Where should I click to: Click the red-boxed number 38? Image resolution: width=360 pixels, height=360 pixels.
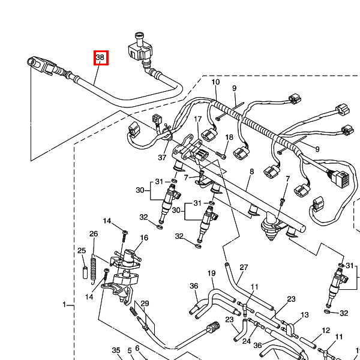(x=100, y=58)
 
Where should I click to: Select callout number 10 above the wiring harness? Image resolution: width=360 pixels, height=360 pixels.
(x=215, y=82)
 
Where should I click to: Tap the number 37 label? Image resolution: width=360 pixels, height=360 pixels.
(x=162, y=158)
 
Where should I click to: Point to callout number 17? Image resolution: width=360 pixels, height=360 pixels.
(x=197, y=119)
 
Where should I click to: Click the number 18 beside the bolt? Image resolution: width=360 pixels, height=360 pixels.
(x=229, y=138)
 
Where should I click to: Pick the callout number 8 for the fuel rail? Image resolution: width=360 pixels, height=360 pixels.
(x=251, y=172)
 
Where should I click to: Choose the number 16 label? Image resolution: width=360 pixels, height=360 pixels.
(x=144, y=238)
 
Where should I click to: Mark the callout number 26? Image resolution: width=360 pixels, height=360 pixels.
(x=94, y=234)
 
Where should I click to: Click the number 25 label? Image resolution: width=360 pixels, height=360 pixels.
(x=82, y=250)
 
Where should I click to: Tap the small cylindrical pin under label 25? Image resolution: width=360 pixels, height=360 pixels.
(x=83, y=267)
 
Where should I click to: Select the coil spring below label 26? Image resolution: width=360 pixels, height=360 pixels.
(x=94, y=269)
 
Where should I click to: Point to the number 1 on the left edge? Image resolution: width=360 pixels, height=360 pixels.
(x=64, y=305)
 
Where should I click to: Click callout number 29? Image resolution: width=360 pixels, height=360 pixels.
(x=145, y=304)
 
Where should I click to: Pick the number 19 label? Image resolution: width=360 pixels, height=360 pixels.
(x=211, y=274)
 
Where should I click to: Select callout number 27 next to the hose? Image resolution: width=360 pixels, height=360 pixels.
(x=244, y=268)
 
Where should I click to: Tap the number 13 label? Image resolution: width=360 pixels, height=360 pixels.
(x=305, y=315)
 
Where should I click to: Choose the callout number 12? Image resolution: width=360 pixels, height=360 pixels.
(x=326, y=331)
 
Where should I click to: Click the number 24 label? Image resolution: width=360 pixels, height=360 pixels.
(x=246, y=341)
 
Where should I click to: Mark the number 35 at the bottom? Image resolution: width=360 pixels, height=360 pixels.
(x=116, y=350)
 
